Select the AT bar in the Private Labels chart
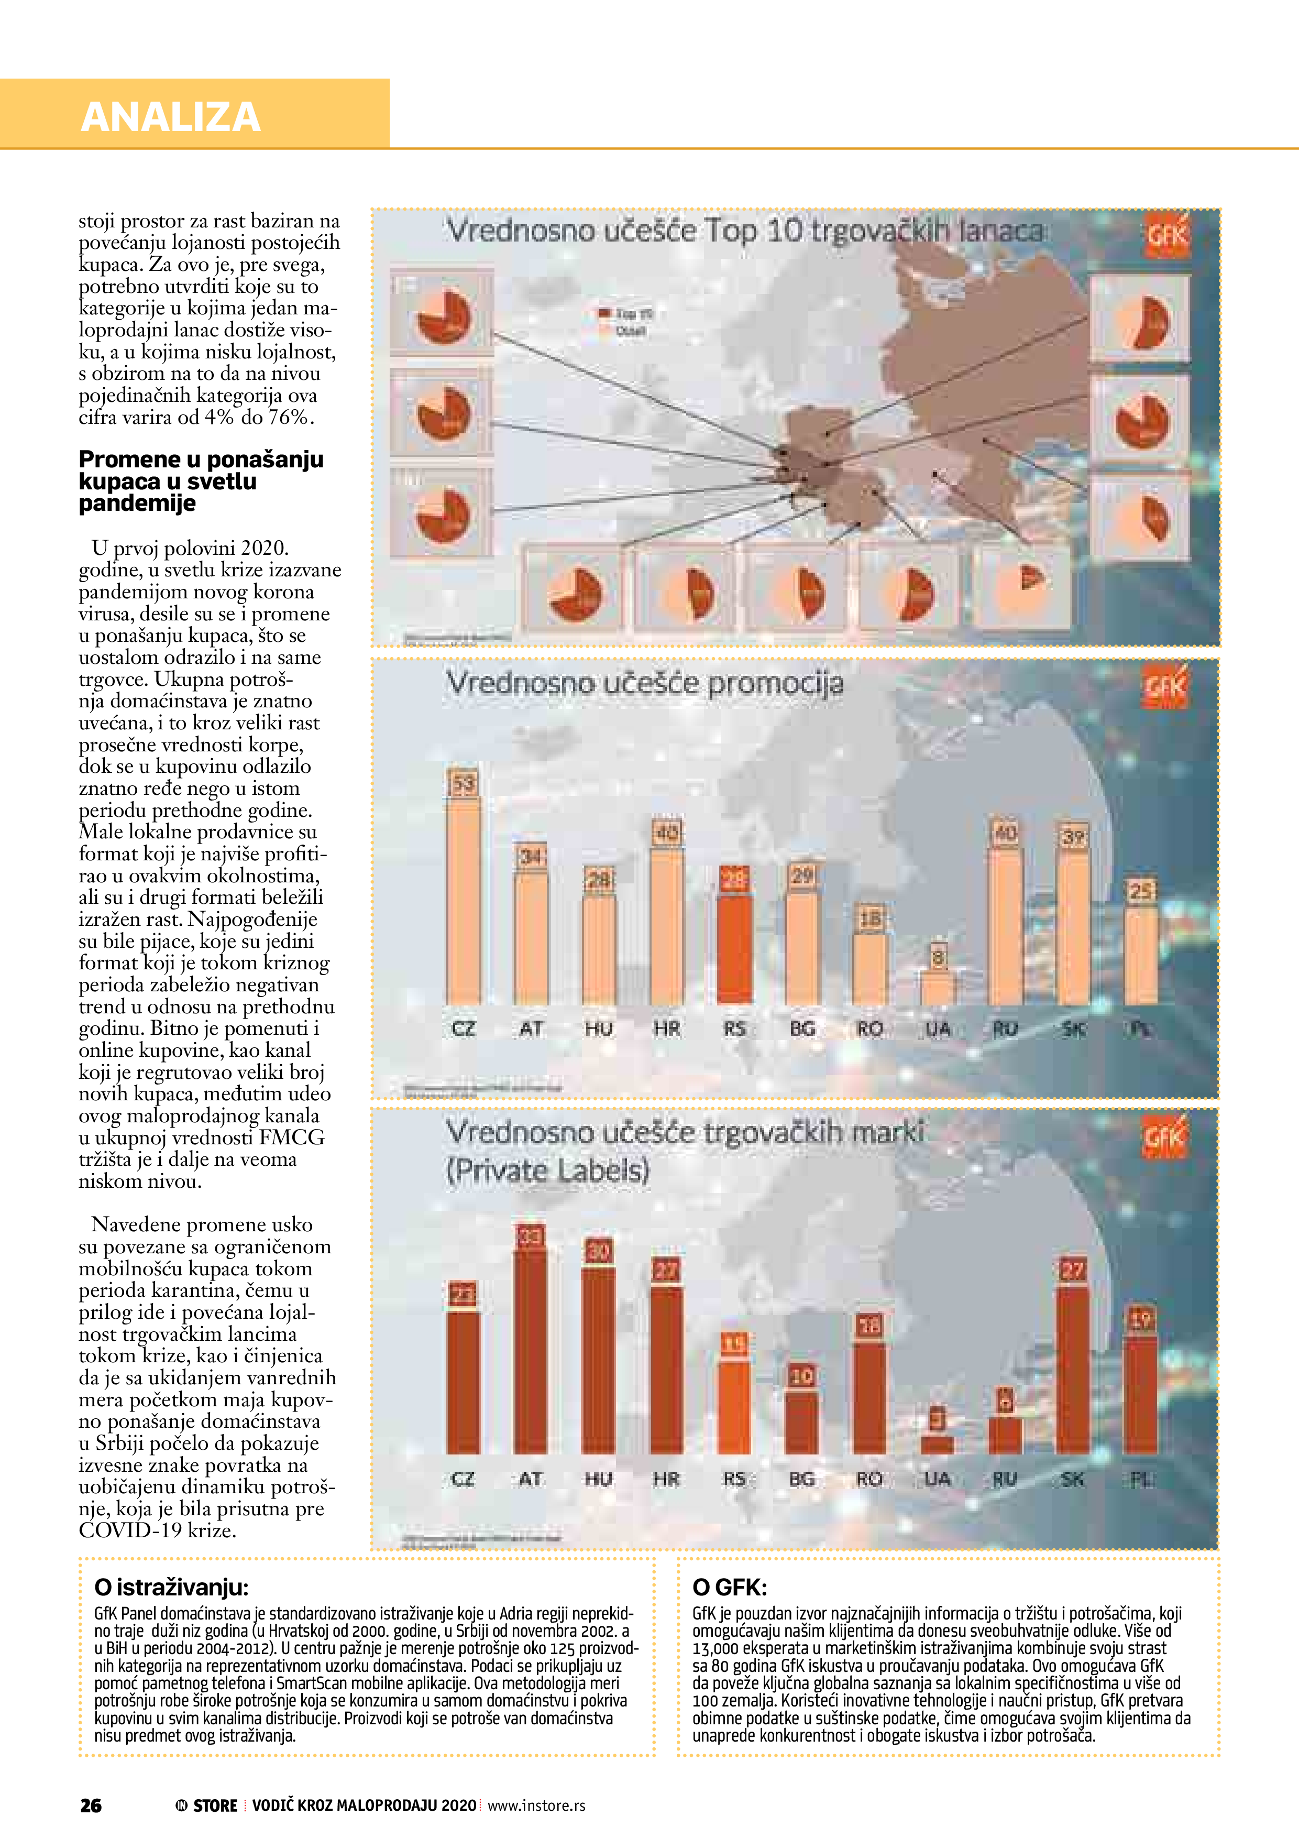531,1352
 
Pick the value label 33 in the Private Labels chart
531,1237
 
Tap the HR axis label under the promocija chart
667,1029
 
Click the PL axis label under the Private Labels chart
1140,1480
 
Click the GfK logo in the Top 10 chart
1168,235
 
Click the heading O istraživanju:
171,1588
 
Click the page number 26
91,1805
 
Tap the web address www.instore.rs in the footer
536,1805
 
